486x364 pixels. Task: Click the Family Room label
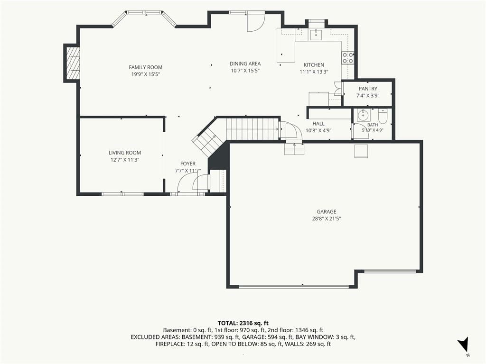(x=145, y=67)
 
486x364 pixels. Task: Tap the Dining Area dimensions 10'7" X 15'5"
(x=245, y=71)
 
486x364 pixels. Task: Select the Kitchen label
(x=314, y=64)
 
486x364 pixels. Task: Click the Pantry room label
(x=368, y=89)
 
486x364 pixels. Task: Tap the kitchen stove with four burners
(x=348, y=58)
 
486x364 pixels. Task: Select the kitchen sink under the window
(x=316, y=35)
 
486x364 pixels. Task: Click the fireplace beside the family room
(x=73, y=63)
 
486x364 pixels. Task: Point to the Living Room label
(x=125, y=153)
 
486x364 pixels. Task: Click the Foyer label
(x=188, y=164)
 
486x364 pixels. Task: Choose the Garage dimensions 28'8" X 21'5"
(x=327, y=218)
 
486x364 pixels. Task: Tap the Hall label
(x=318, y=124)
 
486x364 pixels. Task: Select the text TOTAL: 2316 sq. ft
(x=243, y=323)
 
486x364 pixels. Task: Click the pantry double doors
(x=338, y=88)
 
